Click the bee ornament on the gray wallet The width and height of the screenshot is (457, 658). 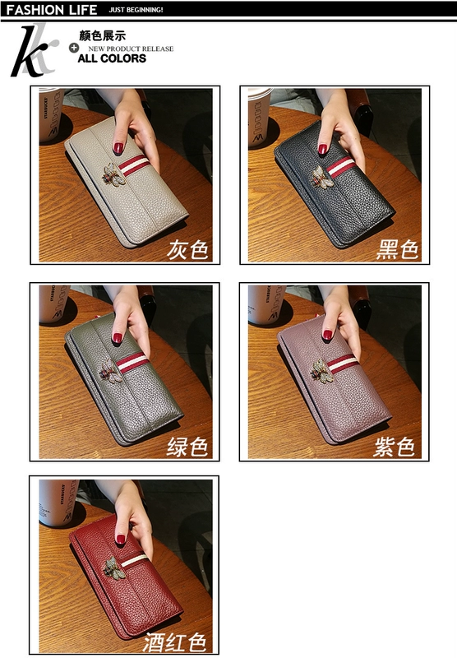click(113, 174)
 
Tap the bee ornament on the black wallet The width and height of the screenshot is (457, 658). click(322, 177)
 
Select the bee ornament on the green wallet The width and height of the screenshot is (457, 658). click(111, 369)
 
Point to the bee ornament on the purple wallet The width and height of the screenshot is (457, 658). click(322, 371)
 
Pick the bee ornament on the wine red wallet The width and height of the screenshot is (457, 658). click(114, 568)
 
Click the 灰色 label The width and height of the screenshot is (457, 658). click(187, 250)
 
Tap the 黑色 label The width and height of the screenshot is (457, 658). click(397, 250)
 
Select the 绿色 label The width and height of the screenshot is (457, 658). click(187, 447)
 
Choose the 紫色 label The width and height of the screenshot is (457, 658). click(394, 447)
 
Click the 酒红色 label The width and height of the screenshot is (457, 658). click(175, 642)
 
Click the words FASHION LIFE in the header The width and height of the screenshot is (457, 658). click(52, 10)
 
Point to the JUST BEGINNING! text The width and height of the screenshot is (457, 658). click(136, 10)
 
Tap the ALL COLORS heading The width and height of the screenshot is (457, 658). click(112, 58)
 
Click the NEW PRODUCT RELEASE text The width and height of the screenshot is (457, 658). click(131, 49)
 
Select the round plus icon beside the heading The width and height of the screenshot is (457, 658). click(74, 48)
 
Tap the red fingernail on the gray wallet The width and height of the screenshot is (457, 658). click(118, 148)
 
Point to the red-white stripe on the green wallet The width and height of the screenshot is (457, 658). click(132, 363)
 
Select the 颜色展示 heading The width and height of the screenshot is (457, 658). click(103, 35)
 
